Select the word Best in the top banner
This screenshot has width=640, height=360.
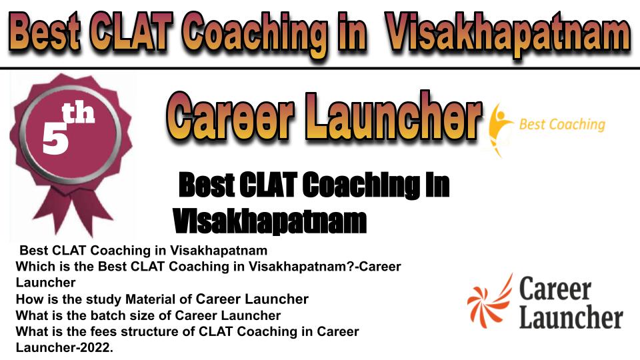[44, 32]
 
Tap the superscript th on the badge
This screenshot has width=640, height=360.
[79, 113]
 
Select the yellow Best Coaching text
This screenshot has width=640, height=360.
[561, 125]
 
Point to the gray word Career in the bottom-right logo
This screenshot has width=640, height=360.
[555, 288]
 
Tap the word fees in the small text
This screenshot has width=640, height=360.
[104, 331]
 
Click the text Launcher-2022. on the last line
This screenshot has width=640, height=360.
[64, 348]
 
